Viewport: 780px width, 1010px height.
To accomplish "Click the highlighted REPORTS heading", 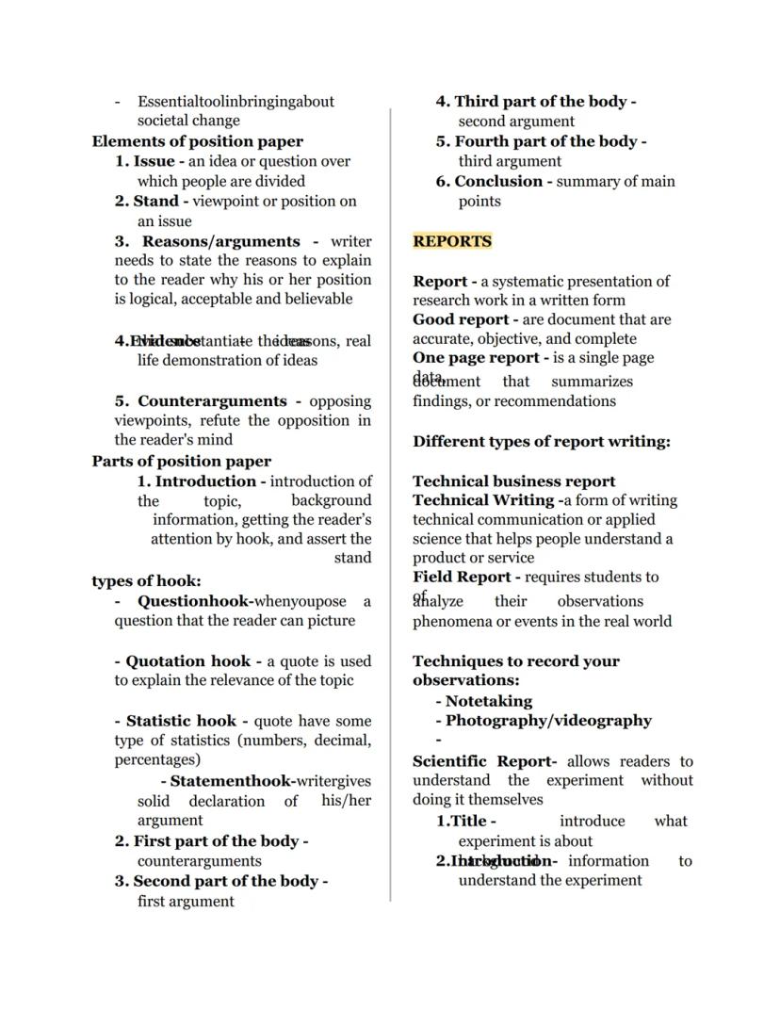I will [452, 241].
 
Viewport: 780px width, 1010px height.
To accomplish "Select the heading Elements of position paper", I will [185, 141].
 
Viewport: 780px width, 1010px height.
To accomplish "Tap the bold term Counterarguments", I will [212, 401].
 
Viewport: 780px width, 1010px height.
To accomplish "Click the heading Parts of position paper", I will [182, 461].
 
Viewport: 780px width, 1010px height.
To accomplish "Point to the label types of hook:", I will [146, 580].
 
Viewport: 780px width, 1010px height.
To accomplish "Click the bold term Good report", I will [461, 319].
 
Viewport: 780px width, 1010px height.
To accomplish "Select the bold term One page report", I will [476, 358].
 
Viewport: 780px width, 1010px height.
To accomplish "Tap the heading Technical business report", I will [514, 481].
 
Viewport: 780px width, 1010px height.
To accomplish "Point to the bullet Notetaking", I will [488, 701].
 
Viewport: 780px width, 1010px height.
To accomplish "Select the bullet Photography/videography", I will [548, 721].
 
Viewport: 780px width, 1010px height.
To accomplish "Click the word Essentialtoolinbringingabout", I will [236, 101].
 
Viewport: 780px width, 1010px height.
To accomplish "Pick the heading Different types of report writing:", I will [542, 441].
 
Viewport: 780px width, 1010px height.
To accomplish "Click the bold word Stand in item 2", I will [155, 201].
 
